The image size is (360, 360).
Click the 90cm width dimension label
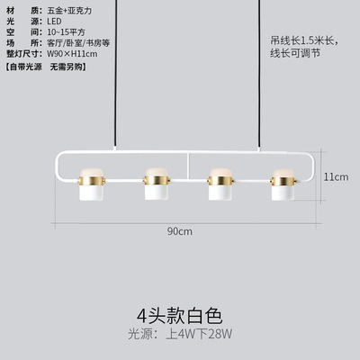point(180,231)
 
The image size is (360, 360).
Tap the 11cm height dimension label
point(336,177)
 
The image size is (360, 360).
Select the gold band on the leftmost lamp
point(92,181)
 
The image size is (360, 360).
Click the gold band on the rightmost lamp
point(283,181)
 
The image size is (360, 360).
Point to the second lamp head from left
point(157,184)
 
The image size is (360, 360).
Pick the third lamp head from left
point(220,184)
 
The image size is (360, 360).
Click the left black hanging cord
point(116,74)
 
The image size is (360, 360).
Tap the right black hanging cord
point(259,74)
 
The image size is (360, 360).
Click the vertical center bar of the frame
point(188,166)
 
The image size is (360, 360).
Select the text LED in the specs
point(54,22)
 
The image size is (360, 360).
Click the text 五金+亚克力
point(69,11)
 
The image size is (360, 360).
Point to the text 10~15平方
point(66,32)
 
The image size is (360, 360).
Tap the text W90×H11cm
point(72,54)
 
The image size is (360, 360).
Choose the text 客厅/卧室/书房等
point(78,43)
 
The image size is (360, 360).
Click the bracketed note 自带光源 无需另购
point(46,67)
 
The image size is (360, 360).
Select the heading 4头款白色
point(179,316)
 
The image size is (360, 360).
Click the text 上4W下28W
point(199,334)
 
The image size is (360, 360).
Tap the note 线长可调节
point(295,53)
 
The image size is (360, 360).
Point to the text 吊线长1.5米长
point(302,40)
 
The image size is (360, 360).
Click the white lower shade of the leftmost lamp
point(92,193)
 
